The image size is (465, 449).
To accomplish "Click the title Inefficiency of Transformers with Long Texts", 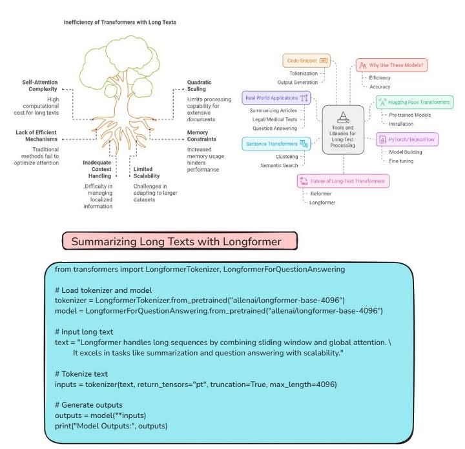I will [x=119, y=22].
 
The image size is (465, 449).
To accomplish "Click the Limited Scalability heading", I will [x=146, y=172].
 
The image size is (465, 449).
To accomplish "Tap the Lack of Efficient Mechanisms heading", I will [x=43, y=135].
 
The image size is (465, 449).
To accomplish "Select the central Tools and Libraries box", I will [x=344, y=131].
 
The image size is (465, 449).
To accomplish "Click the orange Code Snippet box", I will [x=306, y=61].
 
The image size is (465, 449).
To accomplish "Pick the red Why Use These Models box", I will [x=394, y=65].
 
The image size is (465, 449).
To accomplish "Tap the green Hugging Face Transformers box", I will [x=414, y=102].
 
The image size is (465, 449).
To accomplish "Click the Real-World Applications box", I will [x=276, y=98].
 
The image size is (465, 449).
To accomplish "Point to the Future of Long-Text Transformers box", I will [x=343, y=181].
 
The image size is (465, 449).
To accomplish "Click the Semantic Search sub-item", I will [x=278, y=166].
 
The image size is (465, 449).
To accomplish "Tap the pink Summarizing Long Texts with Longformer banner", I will [x=180, y=241].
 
